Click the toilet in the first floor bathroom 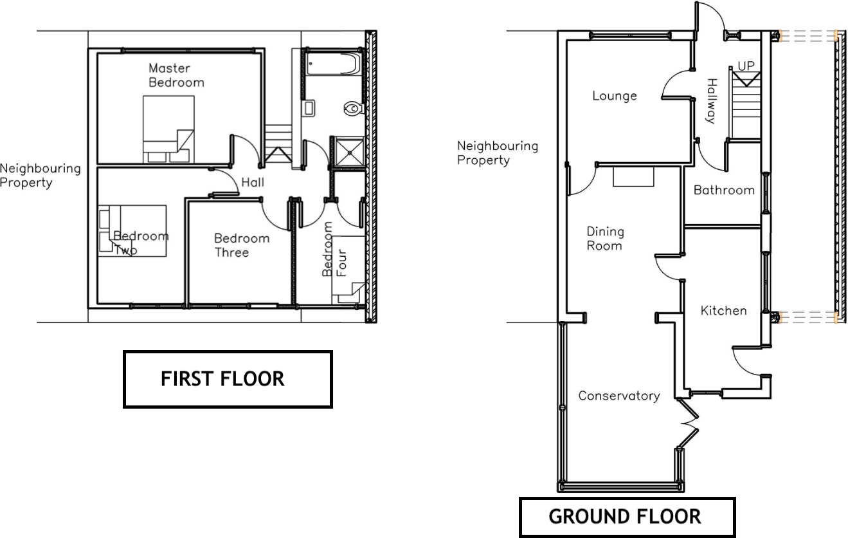click(354, 108)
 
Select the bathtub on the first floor click(333, 64)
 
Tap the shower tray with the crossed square click(349, 153)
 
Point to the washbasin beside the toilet click(309, 108)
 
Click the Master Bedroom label click(176, 75)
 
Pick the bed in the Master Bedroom click(168, 129)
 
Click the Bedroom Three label click(242, 245)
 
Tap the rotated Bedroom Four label click(334, 249)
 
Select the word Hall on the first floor click(253, 182)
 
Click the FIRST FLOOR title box click(228, 379)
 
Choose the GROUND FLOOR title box click(627, 517)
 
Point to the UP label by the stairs click(746, 66)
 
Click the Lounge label click(615, 96)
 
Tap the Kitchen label click(723, 311)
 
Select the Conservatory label click(619, 396)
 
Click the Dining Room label click(605, 238)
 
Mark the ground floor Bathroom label click(724, 190)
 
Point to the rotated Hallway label click(712, 101)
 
